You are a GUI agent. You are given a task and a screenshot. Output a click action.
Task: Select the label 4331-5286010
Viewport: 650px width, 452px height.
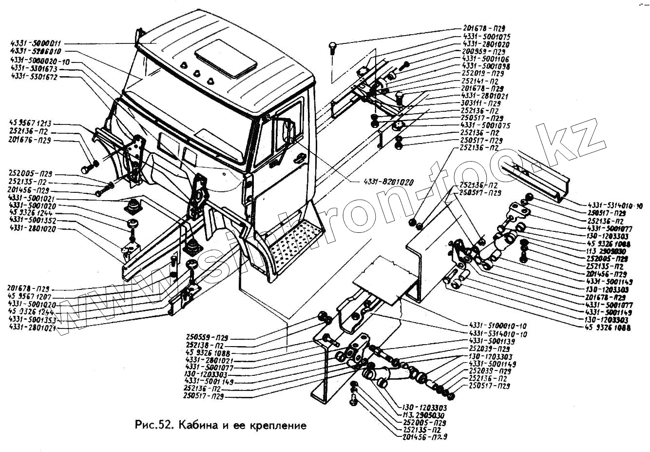(36, 51)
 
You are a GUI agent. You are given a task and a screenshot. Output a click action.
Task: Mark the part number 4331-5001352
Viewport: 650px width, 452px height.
(32, 220)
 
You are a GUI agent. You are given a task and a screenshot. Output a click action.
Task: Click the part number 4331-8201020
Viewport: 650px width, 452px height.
(388, 183)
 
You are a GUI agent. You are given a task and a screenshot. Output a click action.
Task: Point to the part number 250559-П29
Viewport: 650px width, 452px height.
(207, 337)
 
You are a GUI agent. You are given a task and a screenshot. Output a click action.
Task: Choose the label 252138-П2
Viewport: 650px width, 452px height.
(204, 345)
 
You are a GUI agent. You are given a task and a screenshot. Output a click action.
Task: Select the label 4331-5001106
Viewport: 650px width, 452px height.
(486, 59)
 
